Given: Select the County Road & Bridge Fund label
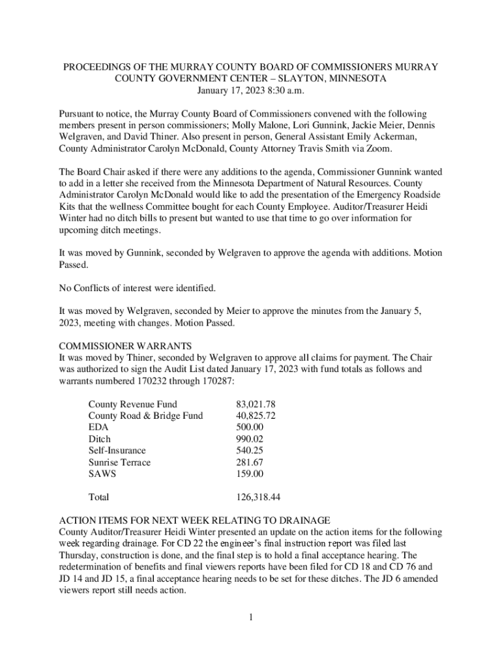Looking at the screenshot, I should [145, 416].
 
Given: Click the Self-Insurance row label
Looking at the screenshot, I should [117, 451].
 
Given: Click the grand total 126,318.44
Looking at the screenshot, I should [258, 498].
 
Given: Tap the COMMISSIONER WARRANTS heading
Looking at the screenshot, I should [125, 347].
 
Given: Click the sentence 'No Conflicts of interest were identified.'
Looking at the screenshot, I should [137, 288].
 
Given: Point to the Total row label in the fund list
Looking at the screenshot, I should [98, 498].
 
